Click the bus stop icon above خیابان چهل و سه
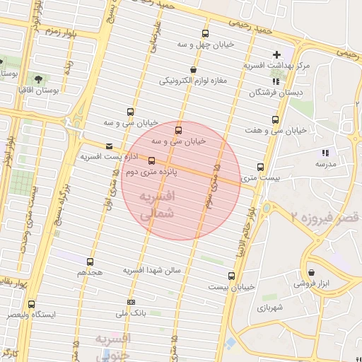pyautogui.click(x=205, y=33)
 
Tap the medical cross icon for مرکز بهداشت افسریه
pyautogui.click(x=276, y=54)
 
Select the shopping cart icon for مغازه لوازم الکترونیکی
pyautogui.click(x=194, y=70)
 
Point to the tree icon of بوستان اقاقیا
pyautogui.click(x=37, y=79)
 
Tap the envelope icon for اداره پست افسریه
pyautogui.click(x=108, y=146)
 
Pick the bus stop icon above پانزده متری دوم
pyautogui.click(x=151, y=160)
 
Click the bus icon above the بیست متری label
pyautogui.click(x=260, y=168)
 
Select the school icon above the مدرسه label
pyautogui.click(x=325, y=153)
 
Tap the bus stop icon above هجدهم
pyautogui.click(x=90, y=262)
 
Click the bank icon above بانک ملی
pyautogui.click(x=130, y=302)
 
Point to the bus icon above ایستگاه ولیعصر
pyautogui.click(x=31, y=304)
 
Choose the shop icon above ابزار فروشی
pyautogui.click(x=312, y=273)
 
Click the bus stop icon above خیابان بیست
pyautogui.click(x=231, y=276)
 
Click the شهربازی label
pyautogui.click(x=270, y=308)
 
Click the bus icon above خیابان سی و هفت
pyautogui.click(x=275, y=119)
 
